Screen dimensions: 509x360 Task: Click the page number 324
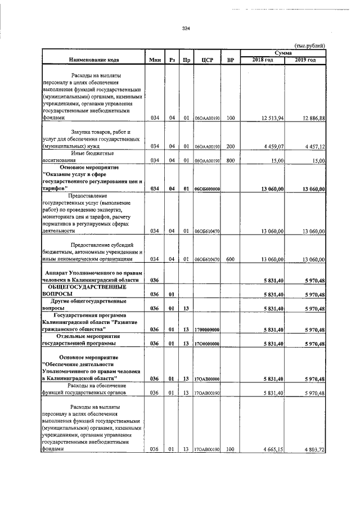[x=186, y=29]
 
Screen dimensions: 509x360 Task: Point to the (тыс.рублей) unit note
[x=310, y=46]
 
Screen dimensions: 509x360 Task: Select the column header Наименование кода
[x=93, y=60]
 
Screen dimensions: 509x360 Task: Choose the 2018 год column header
[x=262, y=60]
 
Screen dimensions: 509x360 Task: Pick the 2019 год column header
[x=305, y=60]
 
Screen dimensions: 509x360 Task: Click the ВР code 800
[x=230, y=160]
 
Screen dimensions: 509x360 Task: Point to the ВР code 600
[x=230, y=260]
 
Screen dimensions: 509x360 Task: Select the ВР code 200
[x=230, y=146]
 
